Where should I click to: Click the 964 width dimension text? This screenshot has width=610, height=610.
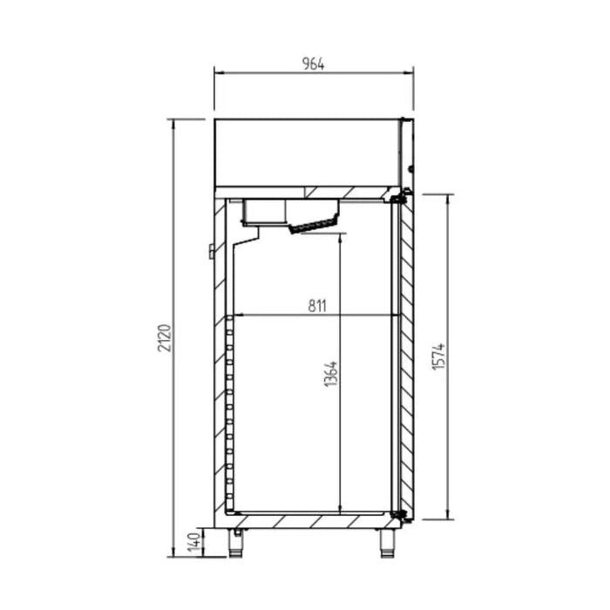coord(314,63)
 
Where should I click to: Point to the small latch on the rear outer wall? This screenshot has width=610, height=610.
coord(211,252)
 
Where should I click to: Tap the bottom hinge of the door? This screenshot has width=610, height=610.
coord(401,516)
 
